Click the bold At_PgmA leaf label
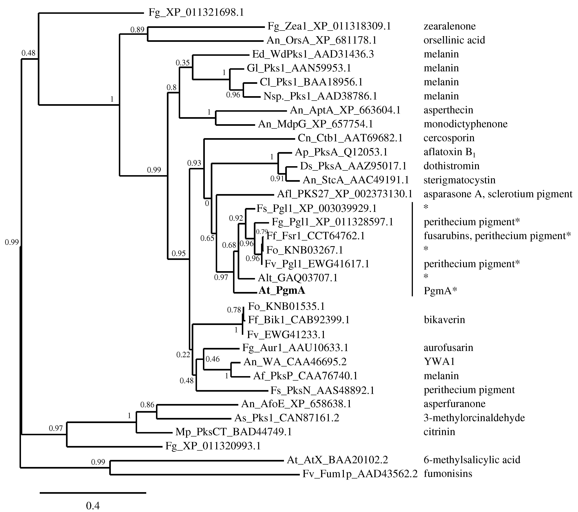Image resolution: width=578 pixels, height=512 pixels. [x=282, y=291]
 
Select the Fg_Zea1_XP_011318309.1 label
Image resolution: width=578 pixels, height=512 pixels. [x=329, y=26]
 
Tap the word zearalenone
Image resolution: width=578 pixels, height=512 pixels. [x=450, y=26]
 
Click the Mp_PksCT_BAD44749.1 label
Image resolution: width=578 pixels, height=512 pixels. [x=234, y=432]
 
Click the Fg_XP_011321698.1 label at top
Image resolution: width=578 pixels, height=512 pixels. [x=196, y=12]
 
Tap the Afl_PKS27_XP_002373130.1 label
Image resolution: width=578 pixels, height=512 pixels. [x=345, y=194]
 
